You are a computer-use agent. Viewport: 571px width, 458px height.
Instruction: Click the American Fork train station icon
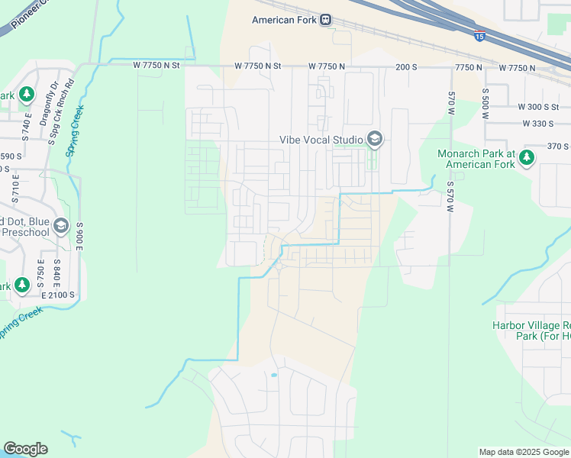[x=326, y=20]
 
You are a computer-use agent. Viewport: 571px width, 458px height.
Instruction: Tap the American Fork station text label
[x=284, y=20]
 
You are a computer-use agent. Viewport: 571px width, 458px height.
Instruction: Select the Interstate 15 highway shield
[x=479, y=35]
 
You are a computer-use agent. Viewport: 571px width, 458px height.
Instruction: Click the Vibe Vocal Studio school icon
[x=374, y=139]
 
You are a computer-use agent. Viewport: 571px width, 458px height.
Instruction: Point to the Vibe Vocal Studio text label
[x=319, y=139]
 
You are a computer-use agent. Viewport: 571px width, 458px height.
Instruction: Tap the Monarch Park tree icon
[x=527, y=158]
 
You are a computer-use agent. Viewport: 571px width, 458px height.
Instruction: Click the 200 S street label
[x=406, y=67]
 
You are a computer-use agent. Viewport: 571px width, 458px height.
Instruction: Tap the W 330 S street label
[x=538, y=124]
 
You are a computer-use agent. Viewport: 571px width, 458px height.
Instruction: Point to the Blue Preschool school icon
[x=61, y=226]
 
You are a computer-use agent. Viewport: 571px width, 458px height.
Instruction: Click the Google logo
[x=25, y=449]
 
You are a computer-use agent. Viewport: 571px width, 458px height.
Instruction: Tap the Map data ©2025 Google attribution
[x=524, y=452]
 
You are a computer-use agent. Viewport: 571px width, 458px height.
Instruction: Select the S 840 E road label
[x=57, y=272]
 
